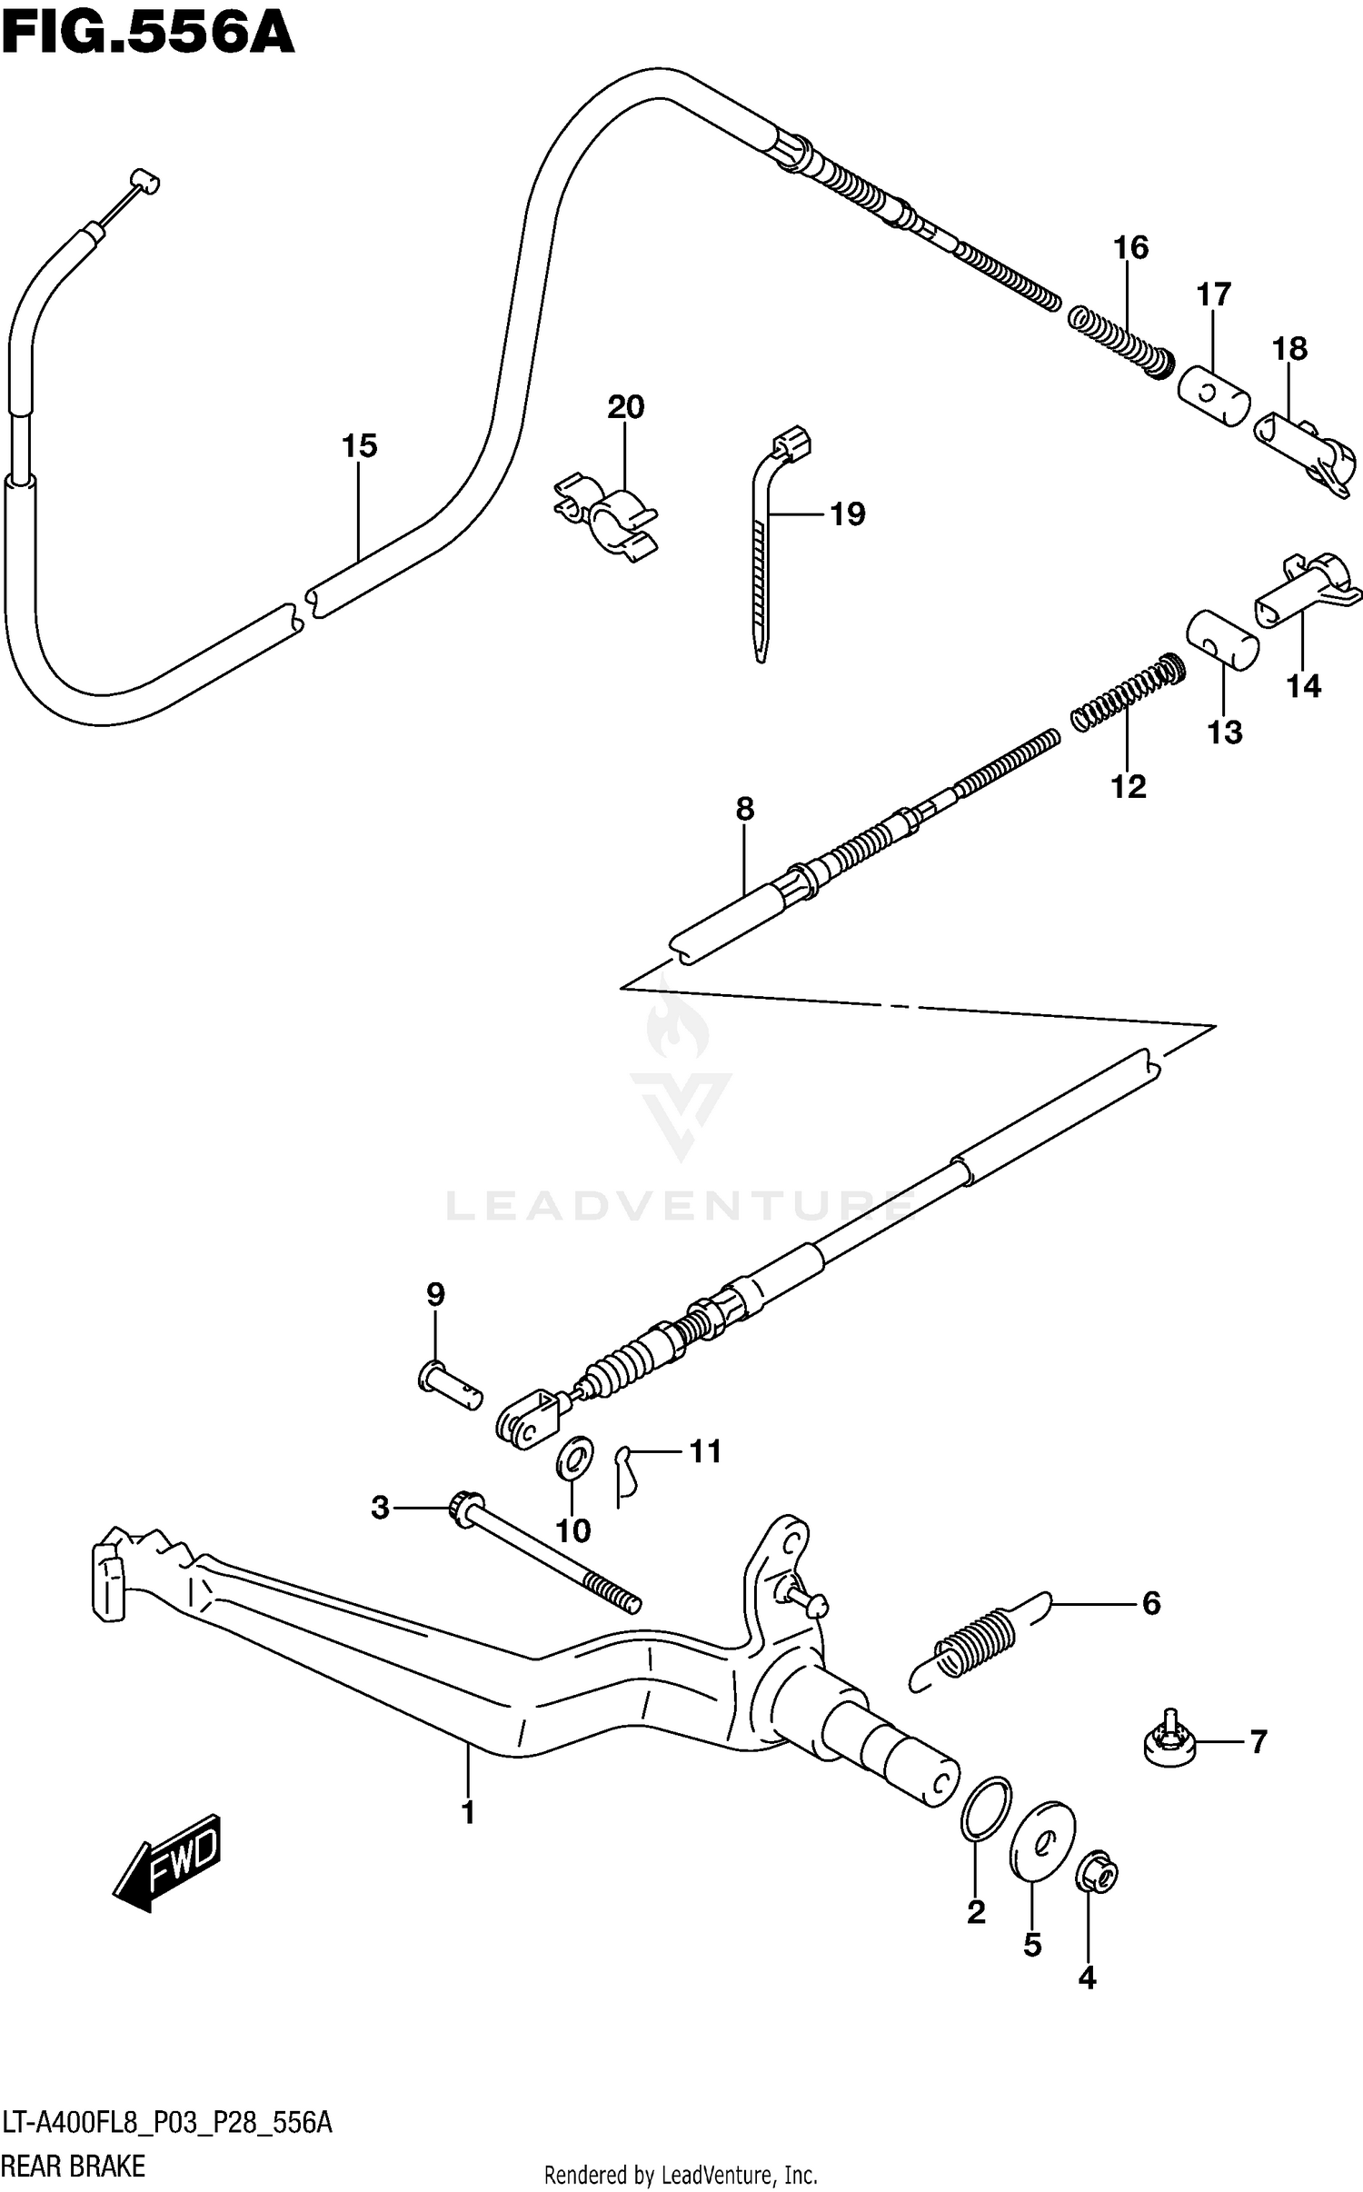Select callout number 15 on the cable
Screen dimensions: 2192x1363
(359, 446)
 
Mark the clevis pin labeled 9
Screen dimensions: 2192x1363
(449, 1390)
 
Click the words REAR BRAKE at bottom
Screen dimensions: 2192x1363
(73, 2166)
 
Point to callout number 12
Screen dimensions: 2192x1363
(1129, 786)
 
